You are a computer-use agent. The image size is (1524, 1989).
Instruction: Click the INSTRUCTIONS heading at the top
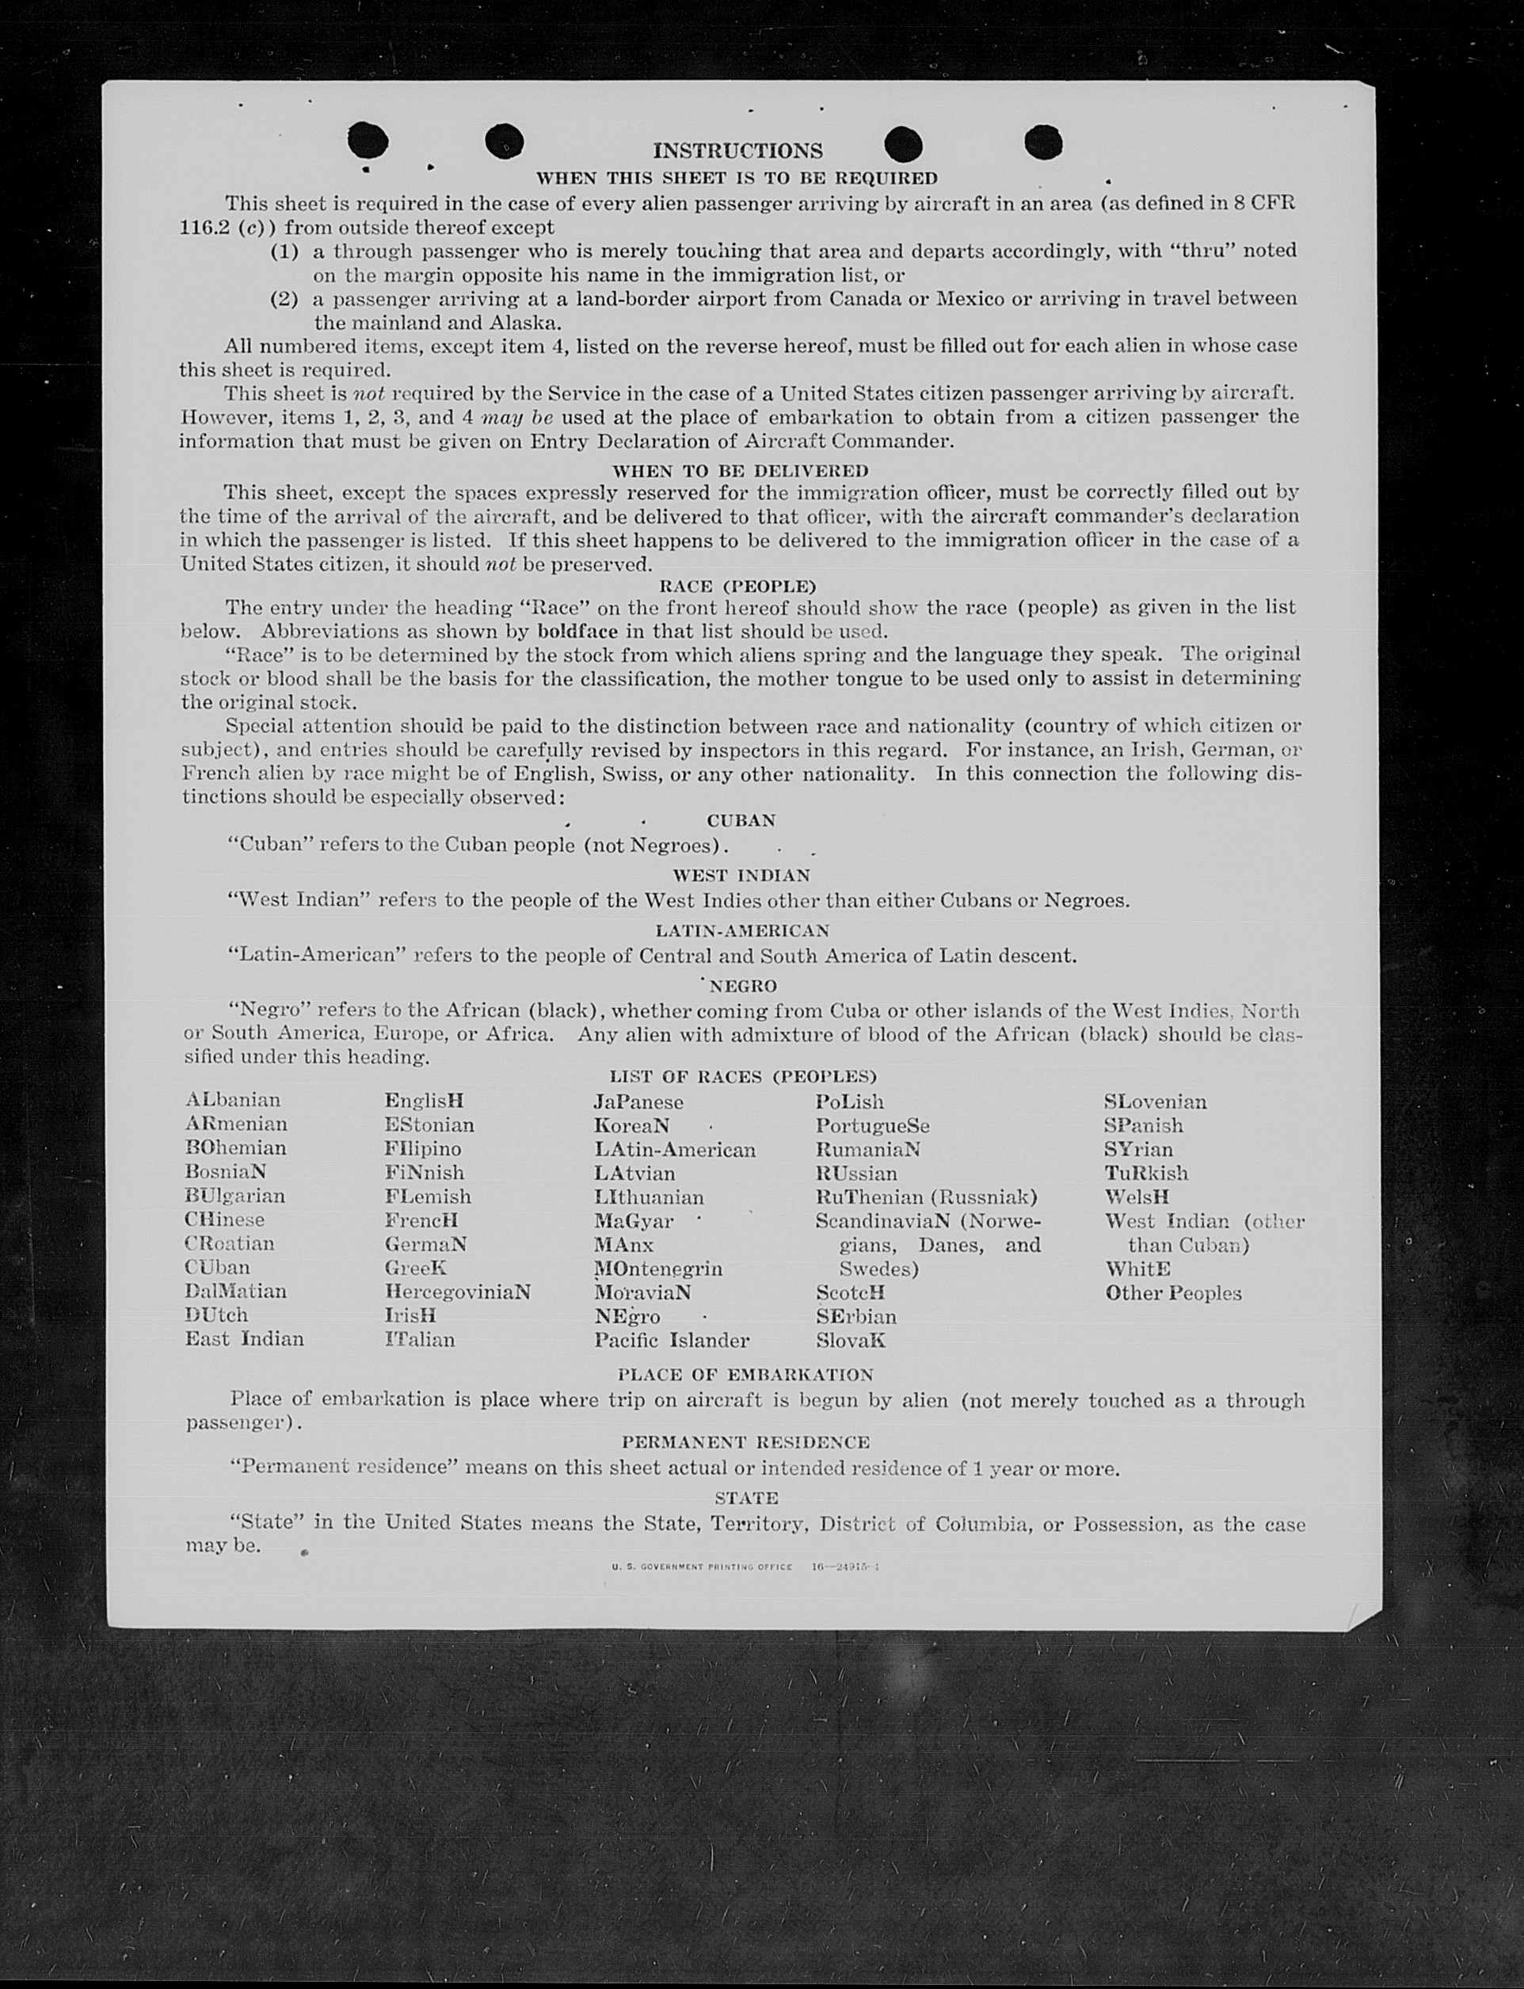[x=737, y=151]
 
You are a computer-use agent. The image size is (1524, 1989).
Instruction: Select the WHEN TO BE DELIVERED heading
[x=741, y=471]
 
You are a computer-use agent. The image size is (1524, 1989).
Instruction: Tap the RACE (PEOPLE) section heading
[x=737, y=586]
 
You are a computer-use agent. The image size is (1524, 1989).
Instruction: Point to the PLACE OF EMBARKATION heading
[x=745, y=1375]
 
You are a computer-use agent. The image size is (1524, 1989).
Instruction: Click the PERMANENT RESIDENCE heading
[x=745, y=1442]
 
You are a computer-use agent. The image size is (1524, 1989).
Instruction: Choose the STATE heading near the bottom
[x=747, y=1498]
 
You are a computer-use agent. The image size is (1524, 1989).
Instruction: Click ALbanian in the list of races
[x=233, y=1100]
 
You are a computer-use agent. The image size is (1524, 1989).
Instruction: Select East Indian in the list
[x=245, y=1339]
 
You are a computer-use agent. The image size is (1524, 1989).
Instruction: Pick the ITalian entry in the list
[x=419, y=1339]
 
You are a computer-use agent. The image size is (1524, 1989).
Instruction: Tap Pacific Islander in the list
[x=671, y=1340]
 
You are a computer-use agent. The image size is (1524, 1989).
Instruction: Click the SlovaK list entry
[x=850, y=1340]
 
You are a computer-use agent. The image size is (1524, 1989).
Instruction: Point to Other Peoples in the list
[x=1173, y=1293]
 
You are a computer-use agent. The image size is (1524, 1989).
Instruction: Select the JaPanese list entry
[x=638, y=1101]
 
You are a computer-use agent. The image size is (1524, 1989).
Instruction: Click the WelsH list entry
[x=1137, y=1197]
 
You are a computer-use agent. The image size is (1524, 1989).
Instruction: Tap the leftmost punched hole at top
[x=368, y=140]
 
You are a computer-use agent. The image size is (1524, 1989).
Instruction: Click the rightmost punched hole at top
[x=1043, y=143]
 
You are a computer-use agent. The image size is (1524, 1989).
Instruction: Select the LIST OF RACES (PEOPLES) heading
[x=743, y=1077]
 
